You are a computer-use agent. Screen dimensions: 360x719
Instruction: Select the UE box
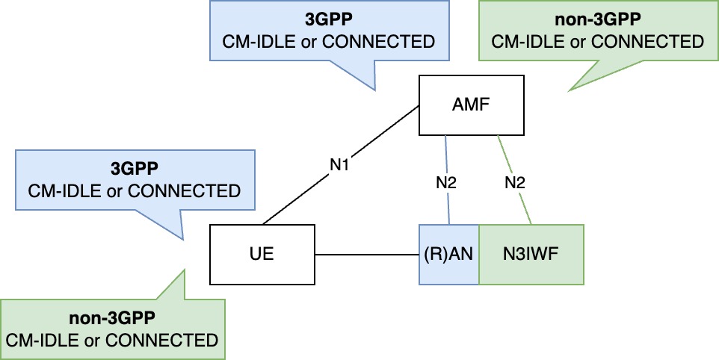262,254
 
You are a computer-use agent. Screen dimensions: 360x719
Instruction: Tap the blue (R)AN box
448,254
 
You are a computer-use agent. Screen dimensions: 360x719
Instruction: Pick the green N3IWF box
530,254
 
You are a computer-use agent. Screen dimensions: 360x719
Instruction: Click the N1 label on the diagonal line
340,164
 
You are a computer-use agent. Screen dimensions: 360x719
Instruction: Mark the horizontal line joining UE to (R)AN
366,254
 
